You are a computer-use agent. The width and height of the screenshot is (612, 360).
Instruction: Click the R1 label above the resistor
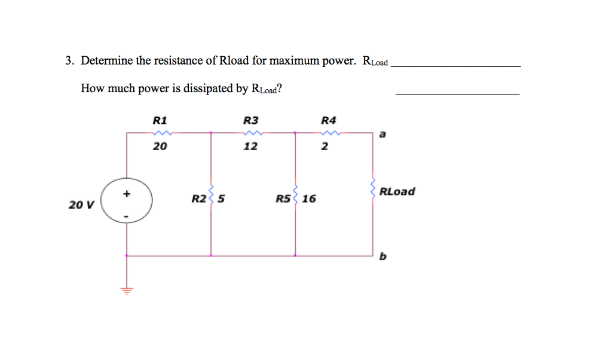tap(159, 120)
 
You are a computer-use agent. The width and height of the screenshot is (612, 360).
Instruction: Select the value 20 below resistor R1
tap(160, 146)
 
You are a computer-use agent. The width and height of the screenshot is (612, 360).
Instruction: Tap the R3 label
tap(250, 120)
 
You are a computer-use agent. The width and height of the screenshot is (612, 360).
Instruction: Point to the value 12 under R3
tap(250, 146)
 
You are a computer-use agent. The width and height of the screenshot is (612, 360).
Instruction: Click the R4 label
tap(329, 120)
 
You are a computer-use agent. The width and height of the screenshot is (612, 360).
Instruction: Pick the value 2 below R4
tap(325, 146)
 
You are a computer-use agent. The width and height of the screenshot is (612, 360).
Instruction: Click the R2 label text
tap(199, 198)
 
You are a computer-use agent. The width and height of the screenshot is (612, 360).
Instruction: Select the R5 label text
tap(283, 198)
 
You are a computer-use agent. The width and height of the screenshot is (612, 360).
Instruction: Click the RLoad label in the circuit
tap(397, 192)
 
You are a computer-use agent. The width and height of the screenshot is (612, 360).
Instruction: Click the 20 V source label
tap(81, 205)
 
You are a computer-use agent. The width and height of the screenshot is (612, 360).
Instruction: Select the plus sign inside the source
tap(126, 194)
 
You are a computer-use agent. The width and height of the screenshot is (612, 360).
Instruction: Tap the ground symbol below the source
tap(126, 290)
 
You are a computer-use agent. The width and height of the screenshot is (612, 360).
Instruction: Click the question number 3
tap(70, 61)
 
